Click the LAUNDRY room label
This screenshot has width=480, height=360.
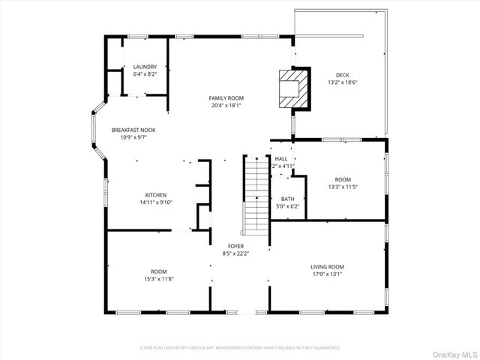145,67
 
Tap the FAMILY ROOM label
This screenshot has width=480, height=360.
226,98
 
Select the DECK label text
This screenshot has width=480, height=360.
342,74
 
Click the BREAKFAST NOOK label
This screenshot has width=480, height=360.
133,130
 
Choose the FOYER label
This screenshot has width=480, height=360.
235,246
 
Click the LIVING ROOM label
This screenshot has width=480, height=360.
327,266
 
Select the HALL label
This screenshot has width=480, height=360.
281,159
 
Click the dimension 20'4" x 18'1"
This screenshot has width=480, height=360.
226,106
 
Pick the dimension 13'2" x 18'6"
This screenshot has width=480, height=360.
342,82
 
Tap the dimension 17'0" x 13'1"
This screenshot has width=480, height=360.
327,274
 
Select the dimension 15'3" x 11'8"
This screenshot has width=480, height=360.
158,279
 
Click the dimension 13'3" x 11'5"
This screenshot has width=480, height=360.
343,187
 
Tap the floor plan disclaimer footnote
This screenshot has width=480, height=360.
240,347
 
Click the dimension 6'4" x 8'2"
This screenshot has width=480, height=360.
145,75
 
